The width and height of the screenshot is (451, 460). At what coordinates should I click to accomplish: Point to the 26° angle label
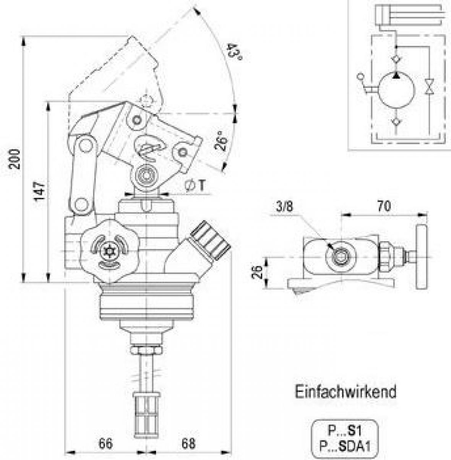coord(221,141)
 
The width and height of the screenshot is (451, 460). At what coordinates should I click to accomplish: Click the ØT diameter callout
coord(194,186)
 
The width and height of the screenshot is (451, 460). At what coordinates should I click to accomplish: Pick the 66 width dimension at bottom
coord(105,444)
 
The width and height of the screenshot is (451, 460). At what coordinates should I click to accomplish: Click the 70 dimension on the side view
coord(384,206)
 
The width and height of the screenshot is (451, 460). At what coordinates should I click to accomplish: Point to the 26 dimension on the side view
coord(258,272)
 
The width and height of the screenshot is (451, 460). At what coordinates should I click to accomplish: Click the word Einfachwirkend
coord(346,392)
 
